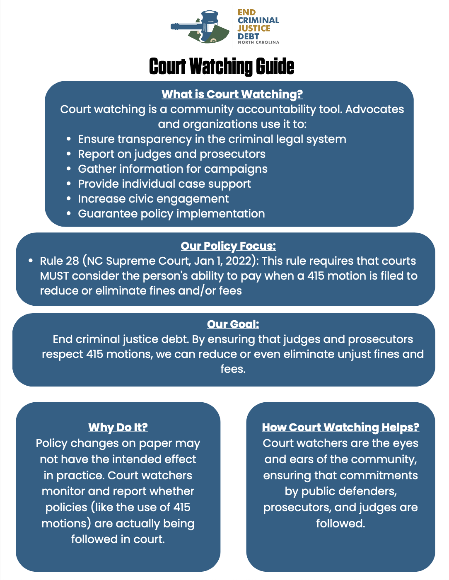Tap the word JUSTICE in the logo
coord(253,28)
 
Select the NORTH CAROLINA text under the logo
coord(258,42)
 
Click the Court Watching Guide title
coord(222,66)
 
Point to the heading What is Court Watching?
coord(232,94)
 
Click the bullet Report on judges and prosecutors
coord(171,154)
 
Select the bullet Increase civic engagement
coord(153,199)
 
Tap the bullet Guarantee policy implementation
coord(171,214)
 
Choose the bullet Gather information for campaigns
coord(173,169)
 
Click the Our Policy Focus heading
coord(228,246)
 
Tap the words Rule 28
coord(59,261)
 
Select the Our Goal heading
coord(233,324)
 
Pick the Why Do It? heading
coord(118,427)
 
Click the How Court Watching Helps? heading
coord(340,427)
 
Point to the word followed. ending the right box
coord(340,523)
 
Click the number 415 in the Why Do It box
coord(182,508)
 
